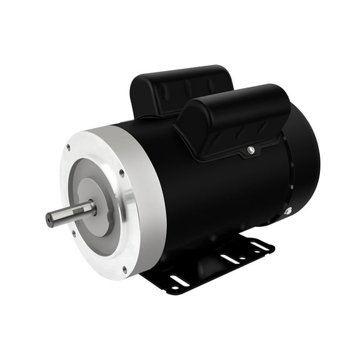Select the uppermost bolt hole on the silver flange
tap(67, 148)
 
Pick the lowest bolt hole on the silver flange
tap(124, 269)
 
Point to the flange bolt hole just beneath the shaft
tap(74, 234)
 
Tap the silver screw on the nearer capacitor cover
tap(250, 149)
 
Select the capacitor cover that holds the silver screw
tap(234, 119)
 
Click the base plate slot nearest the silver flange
tap(180, 281)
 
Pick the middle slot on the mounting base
tap(229, 258)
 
